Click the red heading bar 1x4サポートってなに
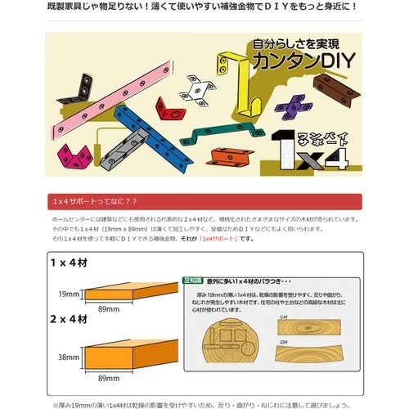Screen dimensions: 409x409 (204, 201)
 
